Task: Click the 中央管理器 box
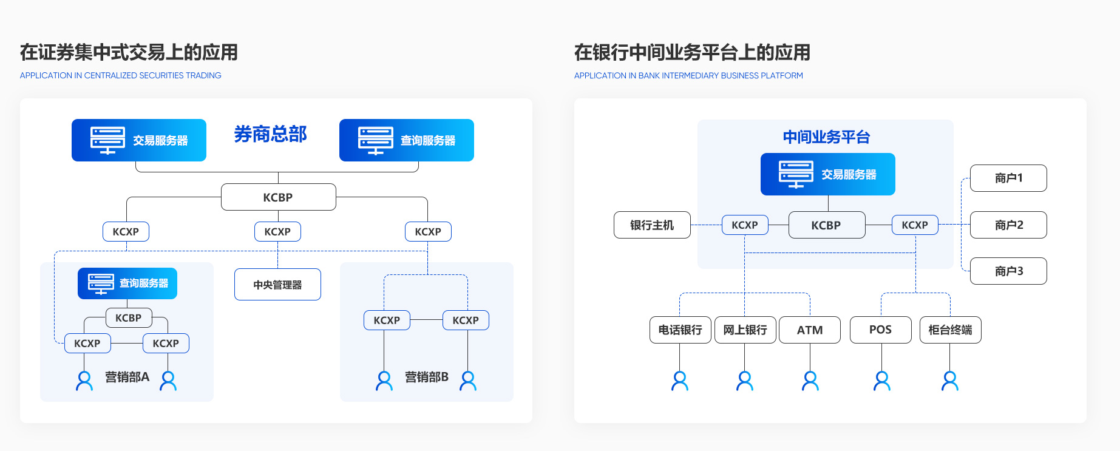pyautogui.click(x=277, y=285)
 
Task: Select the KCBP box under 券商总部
pyautogui.click(x=278, y=197)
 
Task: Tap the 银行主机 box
pyautogui.click(x=652, y=225)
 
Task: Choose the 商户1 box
pyautogui.click(x=1008, y=178)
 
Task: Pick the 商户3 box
pyautogui.click(x=1008, y=271)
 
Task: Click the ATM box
pyautogui.click(x=810, y=330)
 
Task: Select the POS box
pyautogui.click(x=880, y=330)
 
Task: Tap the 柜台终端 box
pyautogui.click(x=950, y=330)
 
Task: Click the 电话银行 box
pyautogui.click(x=680, y=330)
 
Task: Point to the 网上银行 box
pyautogui.click(x=745, y=330)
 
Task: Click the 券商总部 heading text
pyautogui.click(x=271, y=134)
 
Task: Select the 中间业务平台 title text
pyautogui.click(x=826, y=137)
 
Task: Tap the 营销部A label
pyautogui.click(x=127, y=377)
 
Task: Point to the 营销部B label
pyautogui.click(x=427, y=377)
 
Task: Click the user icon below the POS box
pyautogui.click(x=882, y=381)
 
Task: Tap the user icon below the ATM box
pyautogui.click(x=810, y=381)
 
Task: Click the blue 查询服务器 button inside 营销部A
pyautogui.click(x=127, y=283)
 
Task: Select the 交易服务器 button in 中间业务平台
pyautogui.click(x=827, y=174)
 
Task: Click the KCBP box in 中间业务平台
pyautogui.click(x=826, y=225)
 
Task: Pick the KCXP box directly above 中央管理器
pyautogui.click(x=277, y=232)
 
